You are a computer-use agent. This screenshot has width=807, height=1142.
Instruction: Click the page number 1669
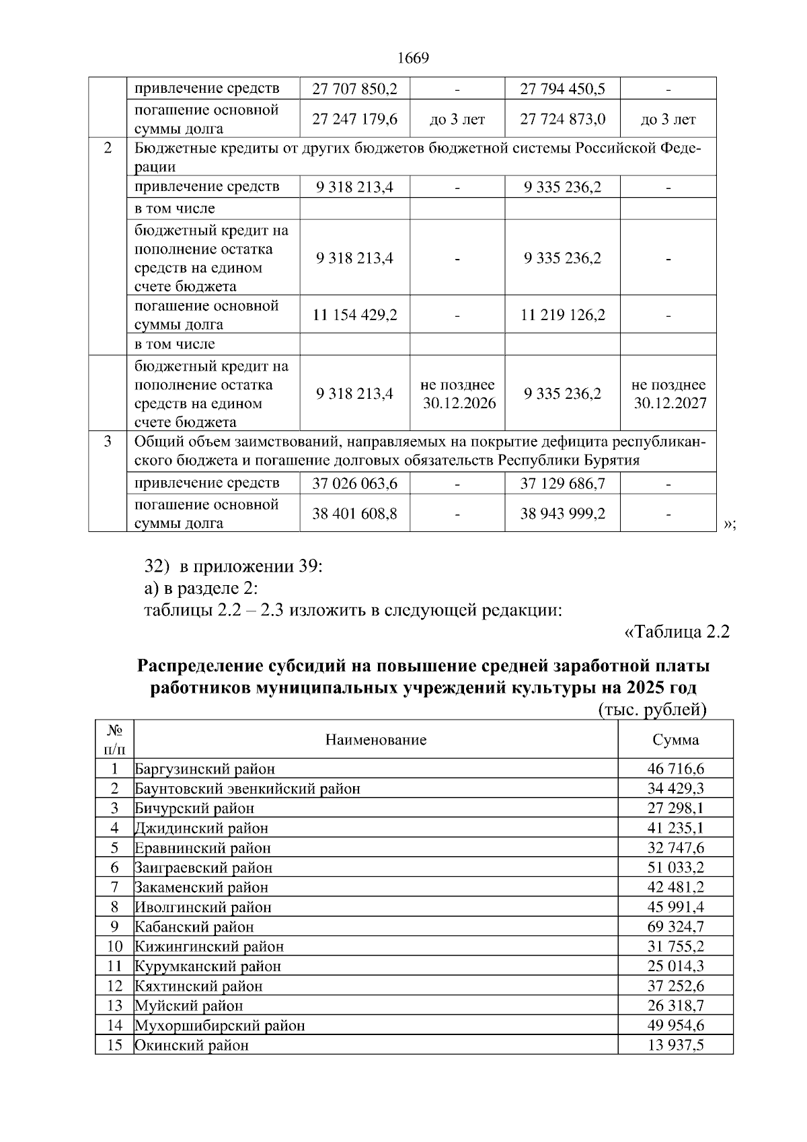[413, 59]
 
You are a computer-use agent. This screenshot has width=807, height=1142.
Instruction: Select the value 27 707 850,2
[354, 88]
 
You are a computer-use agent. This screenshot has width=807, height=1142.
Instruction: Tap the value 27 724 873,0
[562, 119]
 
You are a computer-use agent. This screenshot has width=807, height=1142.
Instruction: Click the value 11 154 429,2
[354, 315]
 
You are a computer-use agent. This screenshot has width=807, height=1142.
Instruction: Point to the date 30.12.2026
[459, 404]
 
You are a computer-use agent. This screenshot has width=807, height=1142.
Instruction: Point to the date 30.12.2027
[670, 404]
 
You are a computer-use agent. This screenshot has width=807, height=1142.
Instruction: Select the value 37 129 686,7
[562, 483]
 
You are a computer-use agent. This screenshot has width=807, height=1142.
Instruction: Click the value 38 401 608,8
[354, 514]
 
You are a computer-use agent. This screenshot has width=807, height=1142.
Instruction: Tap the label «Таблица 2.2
[677, 632]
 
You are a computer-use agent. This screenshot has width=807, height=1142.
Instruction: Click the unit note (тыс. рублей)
[652, 710]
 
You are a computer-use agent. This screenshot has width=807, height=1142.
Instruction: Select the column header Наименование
[376, 740]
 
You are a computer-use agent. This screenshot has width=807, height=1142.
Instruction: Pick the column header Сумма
[675, 740]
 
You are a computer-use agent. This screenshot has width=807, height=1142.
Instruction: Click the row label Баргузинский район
[205, 769]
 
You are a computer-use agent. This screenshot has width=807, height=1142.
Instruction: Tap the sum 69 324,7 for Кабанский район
[675, 927]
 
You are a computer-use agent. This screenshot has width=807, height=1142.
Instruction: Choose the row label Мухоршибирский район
[220, 1026]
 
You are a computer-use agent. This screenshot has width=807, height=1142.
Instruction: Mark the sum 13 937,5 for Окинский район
[675, 1045]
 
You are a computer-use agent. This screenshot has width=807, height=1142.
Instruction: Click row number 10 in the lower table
[115, 946]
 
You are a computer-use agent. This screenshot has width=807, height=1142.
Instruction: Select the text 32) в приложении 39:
[234, 566]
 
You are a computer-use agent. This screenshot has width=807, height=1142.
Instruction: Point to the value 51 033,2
[675, 868]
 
